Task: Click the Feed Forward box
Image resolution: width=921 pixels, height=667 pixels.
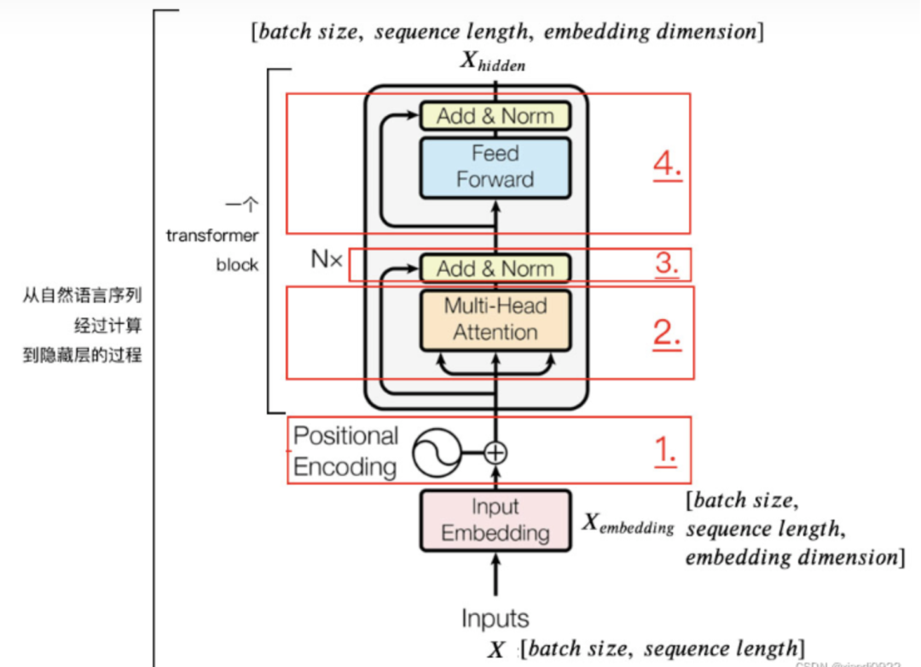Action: [x=495, y=167]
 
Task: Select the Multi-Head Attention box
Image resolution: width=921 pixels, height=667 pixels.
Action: [x=495, y=320]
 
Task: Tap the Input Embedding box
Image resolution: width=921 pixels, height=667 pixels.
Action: [x=495, y=520]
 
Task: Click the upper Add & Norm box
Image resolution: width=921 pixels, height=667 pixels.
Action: [x=495, y=116]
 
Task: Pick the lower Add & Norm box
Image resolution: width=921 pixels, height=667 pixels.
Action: [x=495, y=269]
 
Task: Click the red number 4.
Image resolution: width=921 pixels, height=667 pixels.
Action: [x=668, y=164]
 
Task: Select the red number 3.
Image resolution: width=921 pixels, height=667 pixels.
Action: [x=667, y=264]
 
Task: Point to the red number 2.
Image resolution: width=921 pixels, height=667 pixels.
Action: [x=667, y=333]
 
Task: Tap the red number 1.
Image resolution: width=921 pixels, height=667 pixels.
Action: [x=665, y=449]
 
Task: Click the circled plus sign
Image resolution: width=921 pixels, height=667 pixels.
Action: [x=495, y=452]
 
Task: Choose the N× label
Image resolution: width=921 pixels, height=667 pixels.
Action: [x=326, y=260]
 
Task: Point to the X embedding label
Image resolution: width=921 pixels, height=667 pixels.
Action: [x=628, y=524]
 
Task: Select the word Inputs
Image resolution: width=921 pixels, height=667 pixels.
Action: [x=495, y=618]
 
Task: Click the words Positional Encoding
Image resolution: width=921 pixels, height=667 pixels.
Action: [x=345, y=451]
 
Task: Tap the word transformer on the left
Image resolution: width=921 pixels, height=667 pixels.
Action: [x=212, y=235]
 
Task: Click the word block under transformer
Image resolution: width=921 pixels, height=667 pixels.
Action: [x=237, y=264]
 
